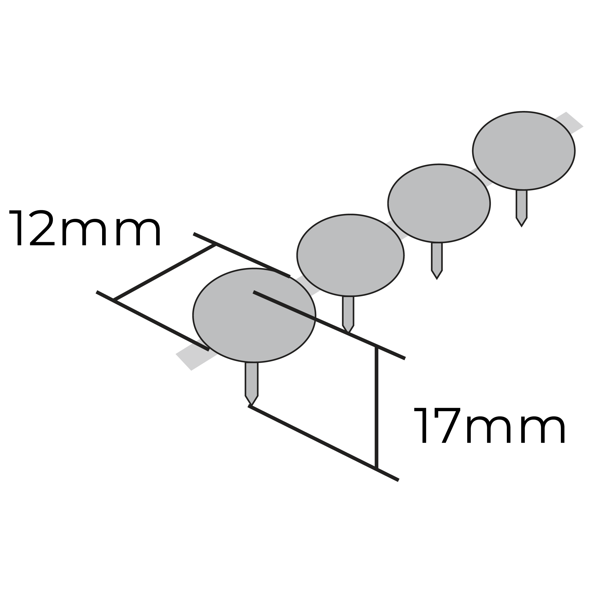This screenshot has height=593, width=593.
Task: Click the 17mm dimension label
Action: point(489,425)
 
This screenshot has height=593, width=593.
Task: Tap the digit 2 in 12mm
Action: point(42,228)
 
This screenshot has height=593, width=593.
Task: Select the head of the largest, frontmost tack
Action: point(254,315)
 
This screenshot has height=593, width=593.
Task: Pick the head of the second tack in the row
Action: point(350,255)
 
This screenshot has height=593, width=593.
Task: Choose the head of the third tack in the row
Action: point(439,203)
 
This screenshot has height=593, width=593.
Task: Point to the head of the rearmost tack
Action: point(524,151)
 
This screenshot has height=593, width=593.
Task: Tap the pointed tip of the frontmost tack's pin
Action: point(251,405)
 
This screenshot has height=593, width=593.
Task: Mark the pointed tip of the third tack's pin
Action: point(437,279)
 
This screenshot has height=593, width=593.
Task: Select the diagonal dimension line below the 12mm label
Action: point(164,272)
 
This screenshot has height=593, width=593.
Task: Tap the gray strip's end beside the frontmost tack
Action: point(183,362)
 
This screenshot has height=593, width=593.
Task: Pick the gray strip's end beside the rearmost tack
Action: point(575,119)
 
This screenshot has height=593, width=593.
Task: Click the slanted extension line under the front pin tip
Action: point(323,443)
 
